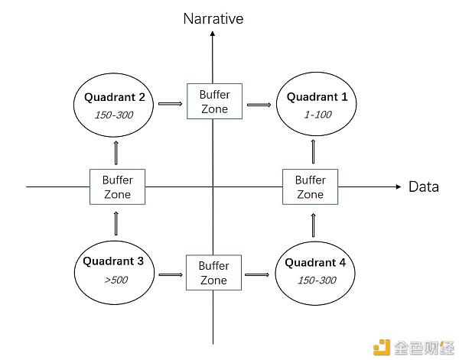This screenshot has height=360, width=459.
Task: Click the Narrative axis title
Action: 213,18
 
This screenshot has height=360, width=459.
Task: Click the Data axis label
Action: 424,186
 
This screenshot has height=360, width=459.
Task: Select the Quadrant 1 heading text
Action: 317,97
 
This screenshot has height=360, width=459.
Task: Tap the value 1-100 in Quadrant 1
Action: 318,115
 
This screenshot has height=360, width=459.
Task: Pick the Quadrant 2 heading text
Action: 115,97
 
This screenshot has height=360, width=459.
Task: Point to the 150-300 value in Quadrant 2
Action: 114,115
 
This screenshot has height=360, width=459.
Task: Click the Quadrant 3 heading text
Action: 113,261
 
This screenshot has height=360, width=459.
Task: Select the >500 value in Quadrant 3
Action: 116,280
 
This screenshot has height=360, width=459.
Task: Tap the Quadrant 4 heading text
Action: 315,262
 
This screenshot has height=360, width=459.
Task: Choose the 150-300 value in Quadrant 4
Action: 317,281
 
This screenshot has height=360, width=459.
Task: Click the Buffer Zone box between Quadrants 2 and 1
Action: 214,101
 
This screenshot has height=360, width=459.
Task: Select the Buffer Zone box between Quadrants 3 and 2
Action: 117,186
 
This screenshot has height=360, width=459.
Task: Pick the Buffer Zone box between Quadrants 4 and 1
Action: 311,186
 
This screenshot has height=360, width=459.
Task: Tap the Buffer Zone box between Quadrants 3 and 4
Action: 213,272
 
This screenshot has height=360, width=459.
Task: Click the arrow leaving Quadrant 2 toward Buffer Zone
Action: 170,103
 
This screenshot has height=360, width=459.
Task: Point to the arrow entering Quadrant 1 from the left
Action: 259,105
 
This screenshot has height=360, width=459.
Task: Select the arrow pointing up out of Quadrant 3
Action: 116,223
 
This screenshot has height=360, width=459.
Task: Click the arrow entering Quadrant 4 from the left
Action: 257,274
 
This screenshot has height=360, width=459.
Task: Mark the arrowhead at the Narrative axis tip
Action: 213,34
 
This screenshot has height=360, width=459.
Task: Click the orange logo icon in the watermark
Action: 382,347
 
